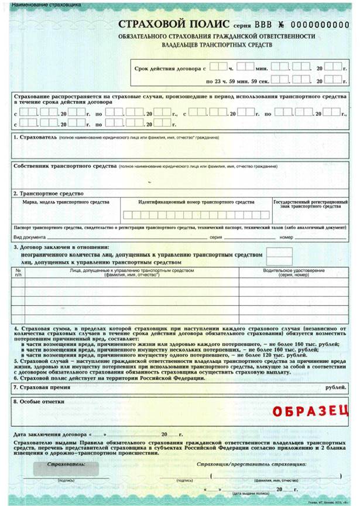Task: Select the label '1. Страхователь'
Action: click(35, 137)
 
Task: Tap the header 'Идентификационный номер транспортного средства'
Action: click(196, 202)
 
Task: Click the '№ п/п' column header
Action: click(19, 272)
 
